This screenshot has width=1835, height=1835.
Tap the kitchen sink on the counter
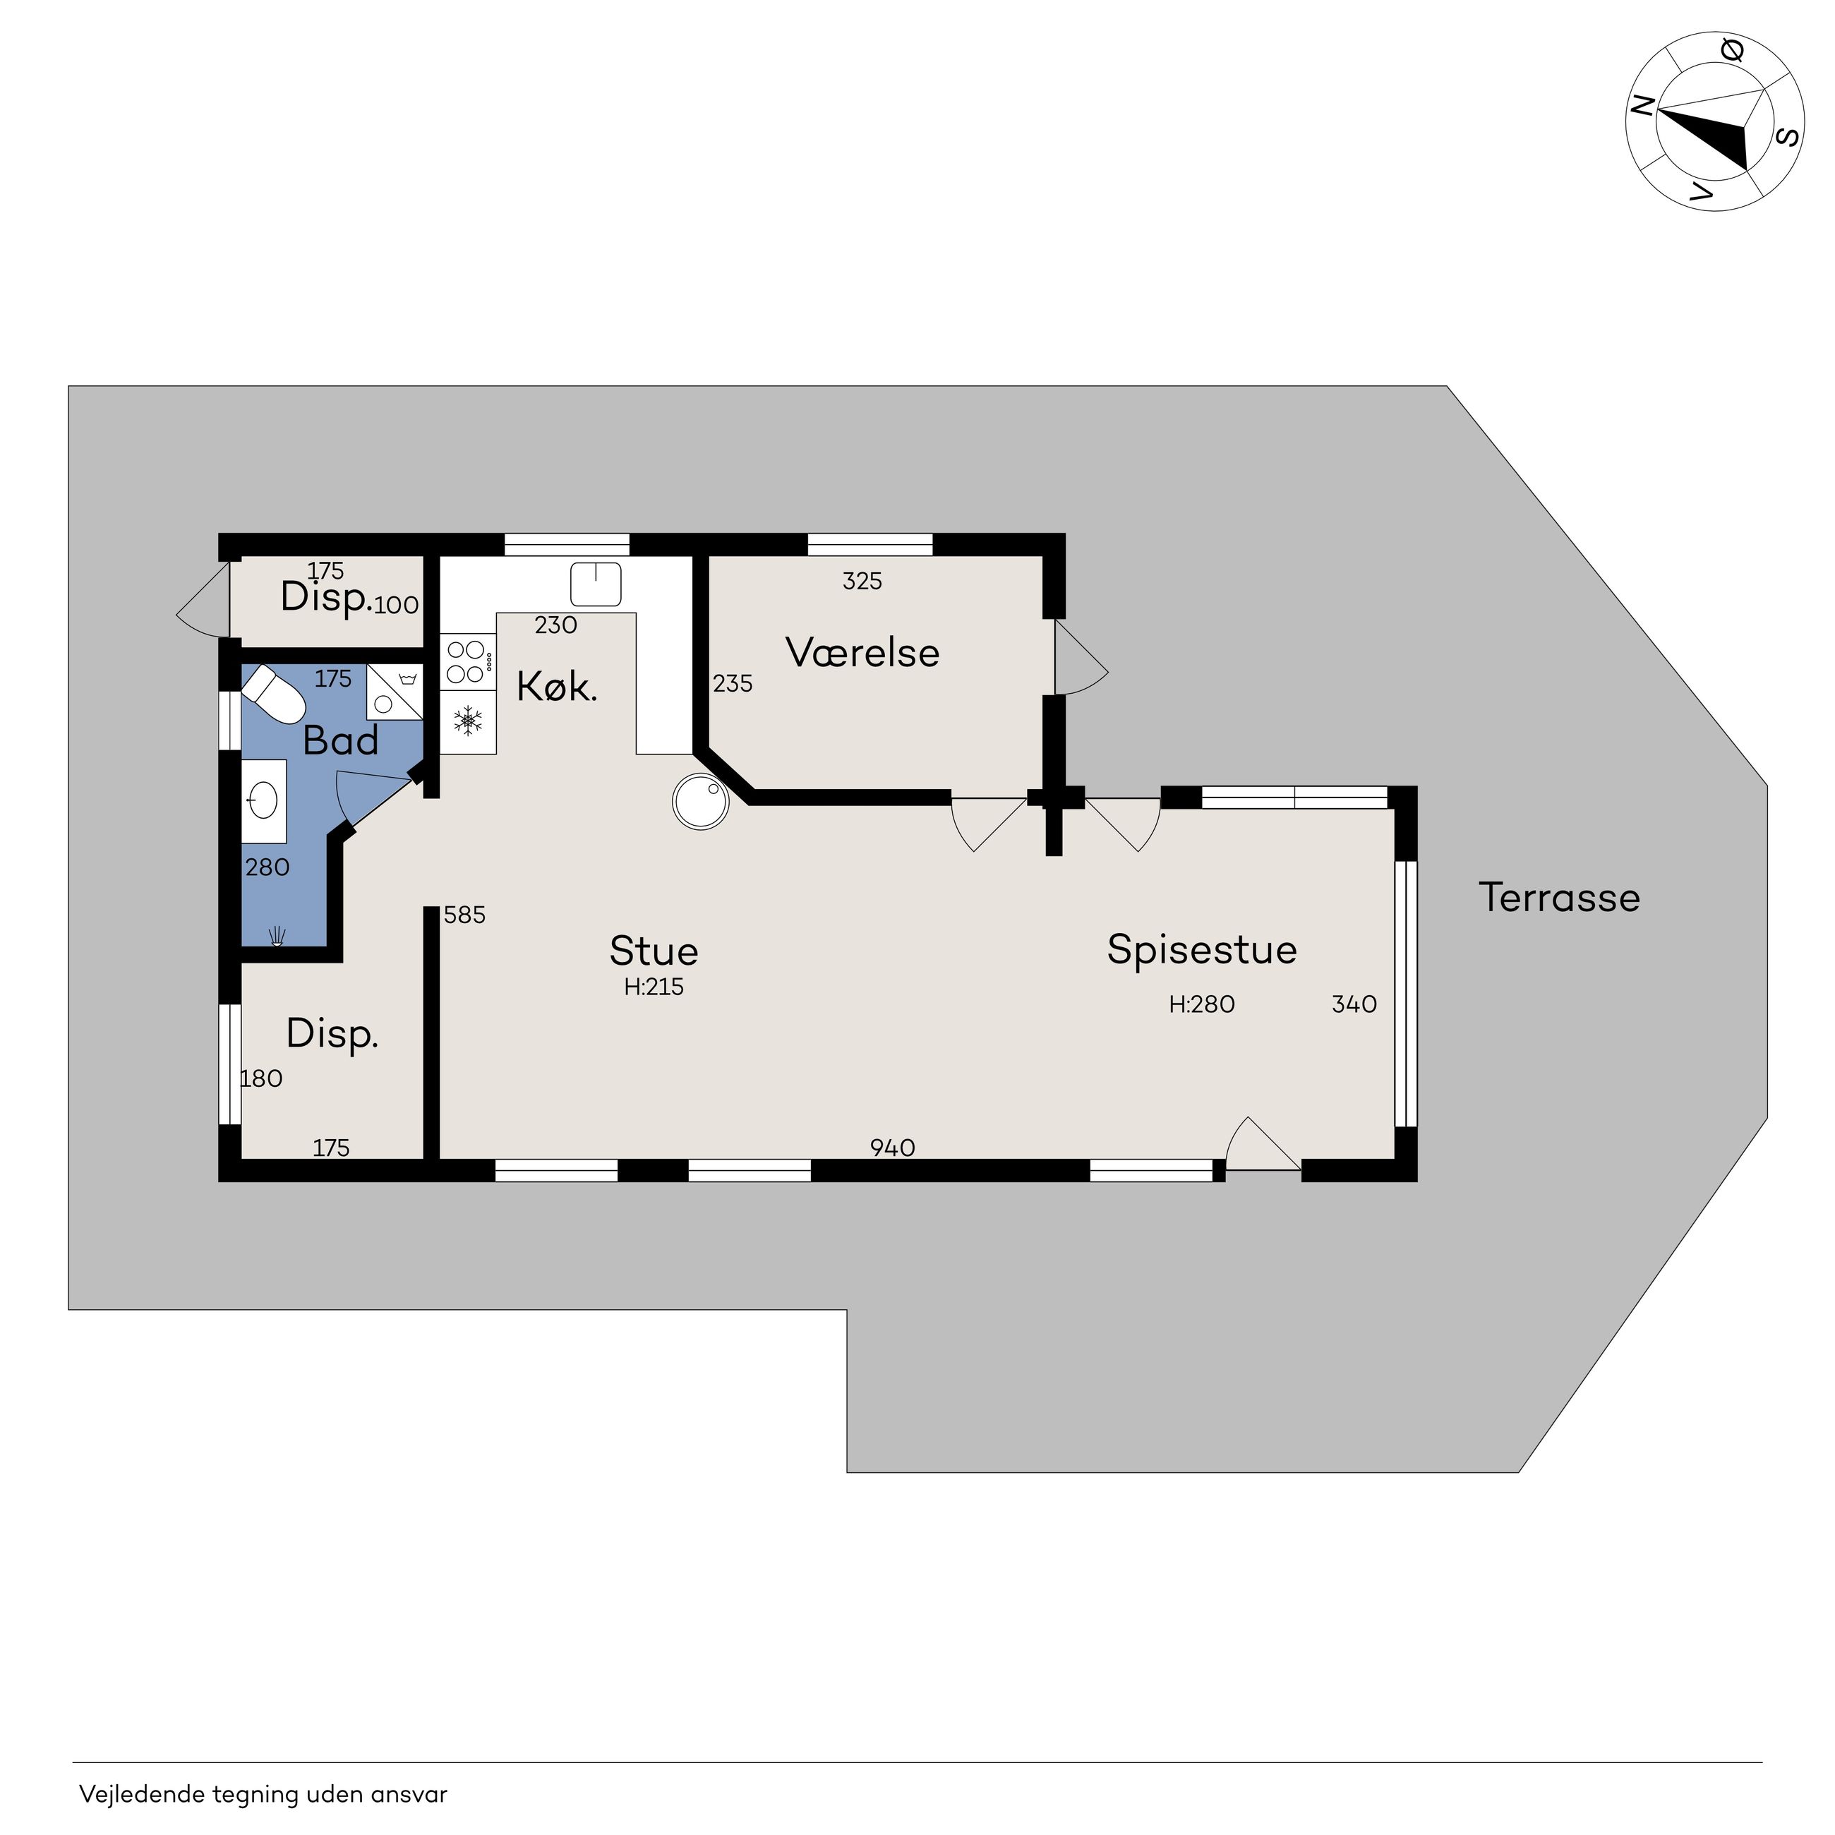(596, 583)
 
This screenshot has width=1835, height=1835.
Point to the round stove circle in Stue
(701, 800)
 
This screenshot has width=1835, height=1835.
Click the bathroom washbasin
(263, 800)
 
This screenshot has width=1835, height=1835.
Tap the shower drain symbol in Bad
(277, 936)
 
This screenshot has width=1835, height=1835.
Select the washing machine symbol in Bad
(394, 690)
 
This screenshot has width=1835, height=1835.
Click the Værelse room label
(862, 653)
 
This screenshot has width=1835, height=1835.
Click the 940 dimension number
(893, 1148)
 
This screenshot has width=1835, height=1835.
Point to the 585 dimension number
(464, 915)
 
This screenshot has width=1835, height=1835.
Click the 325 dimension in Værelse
(862, 582)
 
